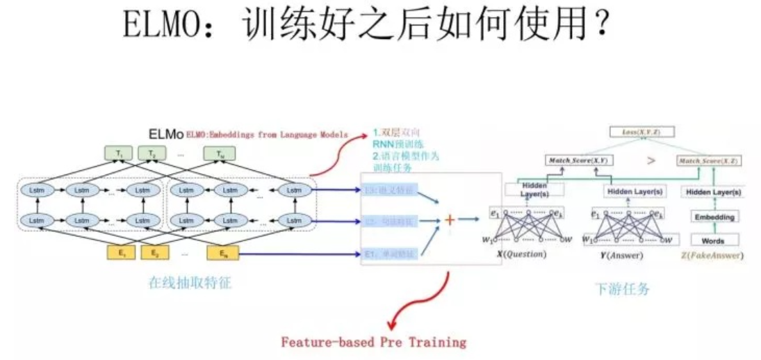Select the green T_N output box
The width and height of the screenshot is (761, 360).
[x=221, y=153]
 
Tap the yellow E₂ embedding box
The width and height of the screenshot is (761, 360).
[x=154, y=254]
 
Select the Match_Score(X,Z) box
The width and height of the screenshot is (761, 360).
[x=709, y=161]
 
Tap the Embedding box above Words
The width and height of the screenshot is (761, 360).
[x=714, y=217]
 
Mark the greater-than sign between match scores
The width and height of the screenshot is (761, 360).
[x=650, y=161]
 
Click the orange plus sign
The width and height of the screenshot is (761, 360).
[x=450, y=220]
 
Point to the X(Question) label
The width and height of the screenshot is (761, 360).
[x=521, y=255]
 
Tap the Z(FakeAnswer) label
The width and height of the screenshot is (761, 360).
[x=714, y=255]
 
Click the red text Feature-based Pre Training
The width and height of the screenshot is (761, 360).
[x=373, y=342]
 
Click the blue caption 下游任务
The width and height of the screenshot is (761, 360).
[x=623, y=288]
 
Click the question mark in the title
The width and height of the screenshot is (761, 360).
[x=601, y=26]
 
